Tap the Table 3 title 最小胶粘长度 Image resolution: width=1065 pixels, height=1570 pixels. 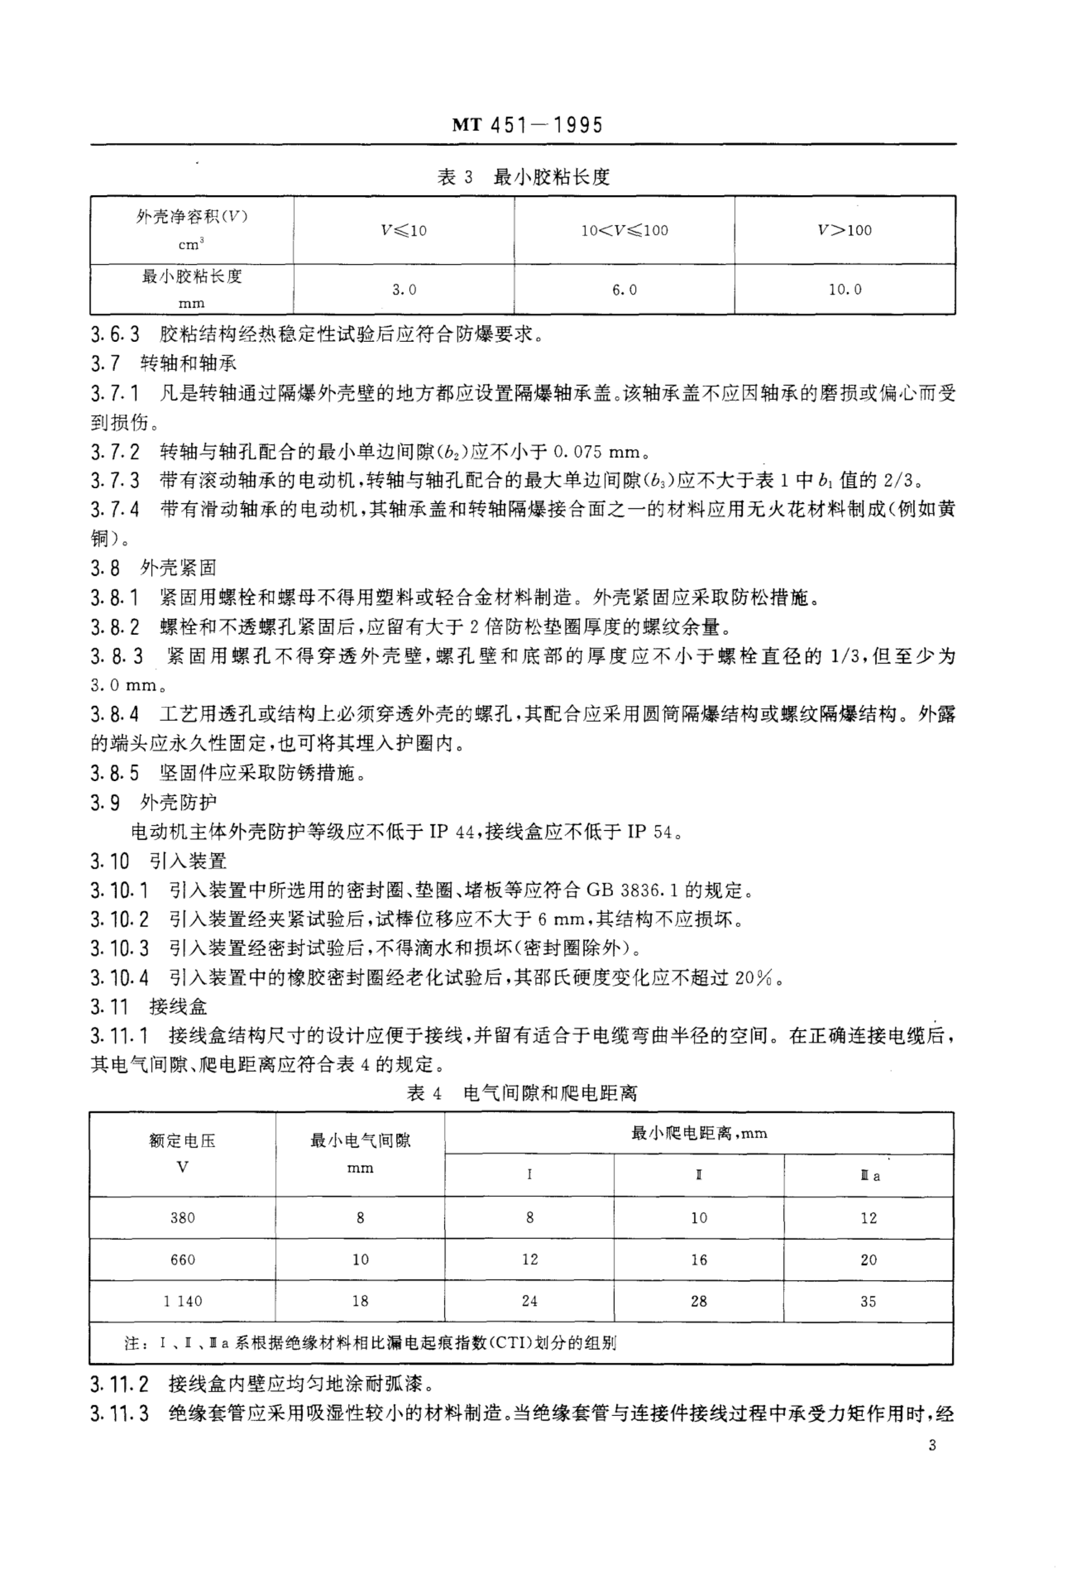click(x=523, y=177)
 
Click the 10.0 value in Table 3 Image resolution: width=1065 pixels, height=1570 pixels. click(x=845, y=290)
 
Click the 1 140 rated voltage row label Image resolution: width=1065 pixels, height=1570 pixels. click(x=182, y=1301)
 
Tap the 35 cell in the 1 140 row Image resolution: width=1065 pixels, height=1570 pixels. click(x=868, y=1301)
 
